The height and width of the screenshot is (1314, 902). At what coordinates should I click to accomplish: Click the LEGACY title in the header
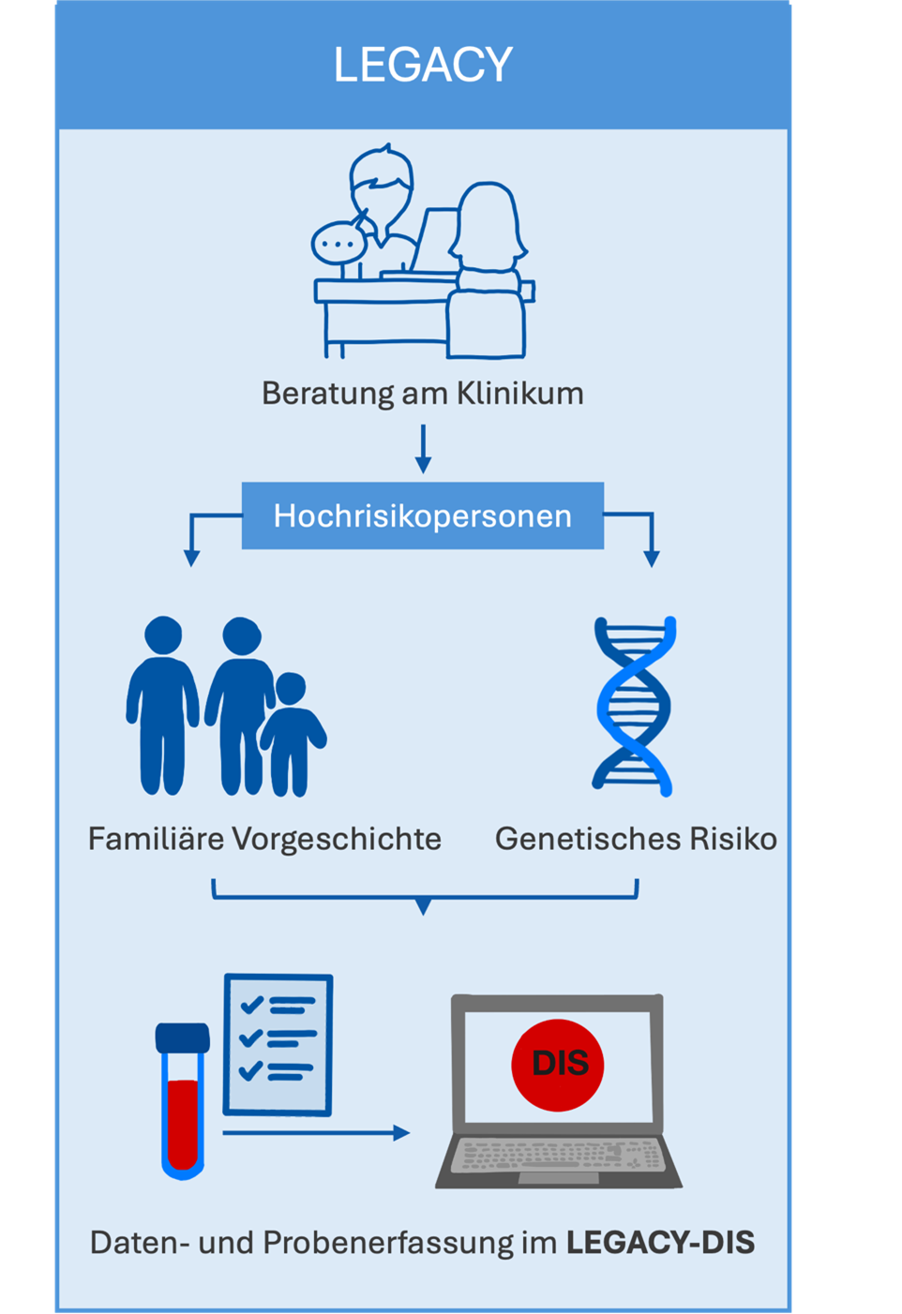click(423, 65)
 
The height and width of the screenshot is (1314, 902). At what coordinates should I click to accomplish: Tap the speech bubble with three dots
click(337, 244)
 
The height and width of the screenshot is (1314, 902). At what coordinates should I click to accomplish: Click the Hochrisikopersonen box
click(423, 515)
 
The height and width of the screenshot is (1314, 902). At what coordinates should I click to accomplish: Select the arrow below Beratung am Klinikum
click(423, 449)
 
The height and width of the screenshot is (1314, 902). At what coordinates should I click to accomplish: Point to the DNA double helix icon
click(635, 706)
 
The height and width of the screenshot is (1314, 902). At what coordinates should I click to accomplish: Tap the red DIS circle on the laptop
click(559, 1065)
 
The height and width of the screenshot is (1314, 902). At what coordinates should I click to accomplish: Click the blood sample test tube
click(183, 1102)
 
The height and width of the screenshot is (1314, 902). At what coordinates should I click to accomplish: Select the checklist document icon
click(278, 1045)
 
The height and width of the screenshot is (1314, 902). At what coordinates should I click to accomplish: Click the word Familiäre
click(156, 838)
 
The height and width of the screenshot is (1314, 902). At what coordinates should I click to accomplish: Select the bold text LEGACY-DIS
click(661, 1243)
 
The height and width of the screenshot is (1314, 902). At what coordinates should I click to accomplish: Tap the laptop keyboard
click(559, 1157)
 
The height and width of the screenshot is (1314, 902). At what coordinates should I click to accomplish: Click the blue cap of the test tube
click(183, 1038)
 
